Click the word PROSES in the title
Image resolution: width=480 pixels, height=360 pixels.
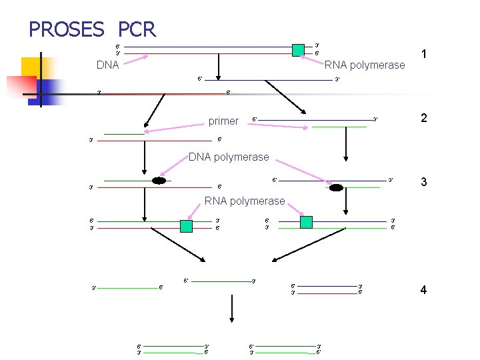(x=66, y=29)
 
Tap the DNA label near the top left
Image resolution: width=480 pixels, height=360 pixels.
(x=107, y=65)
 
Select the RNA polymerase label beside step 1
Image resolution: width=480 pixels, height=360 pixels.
(x=365, y=65)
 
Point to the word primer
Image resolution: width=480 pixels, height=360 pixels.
(x=223, y=121)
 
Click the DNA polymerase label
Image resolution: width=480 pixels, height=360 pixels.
(x=229, y=157)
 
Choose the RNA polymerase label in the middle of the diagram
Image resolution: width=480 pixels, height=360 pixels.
(x=245, y=201)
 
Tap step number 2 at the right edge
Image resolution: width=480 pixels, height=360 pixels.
(x=423, y=118)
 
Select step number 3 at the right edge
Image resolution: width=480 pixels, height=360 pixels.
(x=423, y=183)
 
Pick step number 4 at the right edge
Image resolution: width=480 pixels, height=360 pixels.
(x=423, y=289)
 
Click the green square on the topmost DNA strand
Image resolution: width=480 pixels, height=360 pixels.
(x=299, y=49)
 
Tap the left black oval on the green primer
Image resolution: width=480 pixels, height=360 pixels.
(x=159, y=181)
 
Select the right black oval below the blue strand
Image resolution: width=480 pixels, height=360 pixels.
(x=336, y=187)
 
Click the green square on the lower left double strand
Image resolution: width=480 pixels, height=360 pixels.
(x=186, y=225)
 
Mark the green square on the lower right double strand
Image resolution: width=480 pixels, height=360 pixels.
(x=306, y=222)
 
